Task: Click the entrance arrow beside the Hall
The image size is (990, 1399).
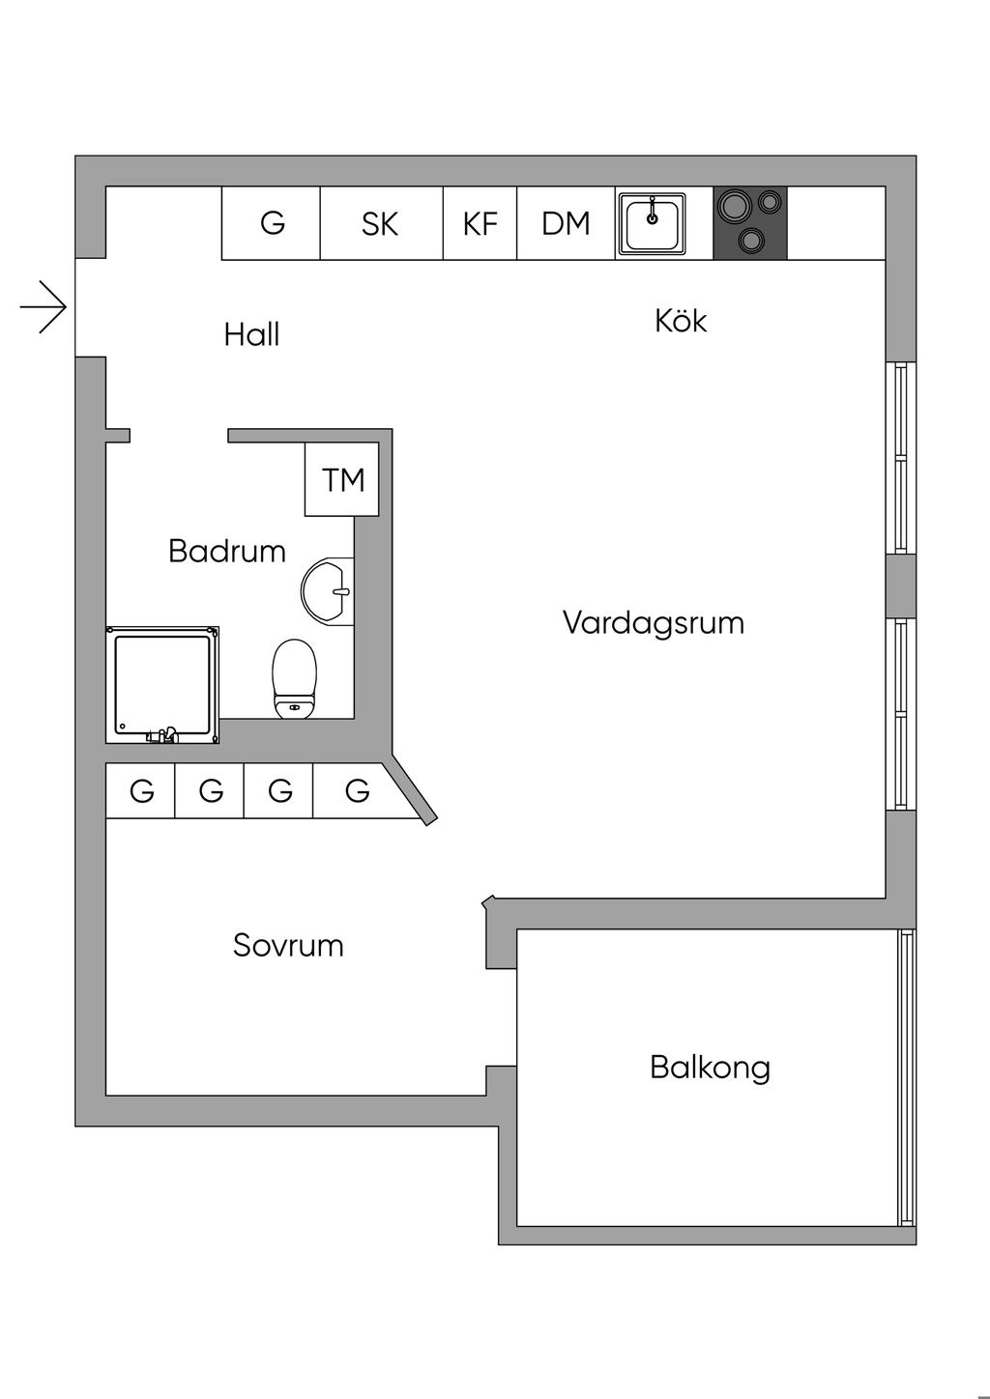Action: click(x=44, y=308)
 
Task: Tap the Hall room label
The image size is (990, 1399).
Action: click(x=251, y=334)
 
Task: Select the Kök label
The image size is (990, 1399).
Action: click(x=681, y=321)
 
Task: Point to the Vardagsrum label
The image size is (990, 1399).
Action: click(x=654, y=622)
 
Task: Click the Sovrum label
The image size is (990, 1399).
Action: click(x=288, y=945)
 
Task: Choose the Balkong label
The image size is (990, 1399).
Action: click(x=710, y=1068)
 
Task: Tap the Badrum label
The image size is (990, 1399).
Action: click(x=227, y=552)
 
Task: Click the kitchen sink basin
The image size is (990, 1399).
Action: click(x=654, y=223)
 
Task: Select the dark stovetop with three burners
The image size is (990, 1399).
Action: click(x=750, y=223)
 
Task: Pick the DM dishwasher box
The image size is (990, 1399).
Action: click(x=566, y=223)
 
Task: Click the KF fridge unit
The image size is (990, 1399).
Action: click(x=480, y=223)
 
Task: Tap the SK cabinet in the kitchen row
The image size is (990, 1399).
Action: click(x=380, y=223)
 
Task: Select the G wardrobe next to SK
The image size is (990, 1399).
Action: click(x=272, y=223)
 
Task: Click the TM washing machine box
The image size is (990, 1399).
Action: click(x=342, y=479)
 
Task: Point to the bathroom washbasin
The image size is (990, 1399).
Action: click(x=327, y=589)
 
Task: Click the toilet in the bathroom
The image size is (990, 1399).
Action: click(x=295, y=678)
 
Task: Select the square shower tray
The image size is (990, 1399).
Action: click(x=162, y=684)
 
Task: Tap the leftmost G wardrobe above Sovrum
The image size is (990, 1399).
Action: click(x=141, y=791)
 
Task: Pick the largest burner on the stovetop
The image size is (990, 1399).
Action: click(x=733, y=205)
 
